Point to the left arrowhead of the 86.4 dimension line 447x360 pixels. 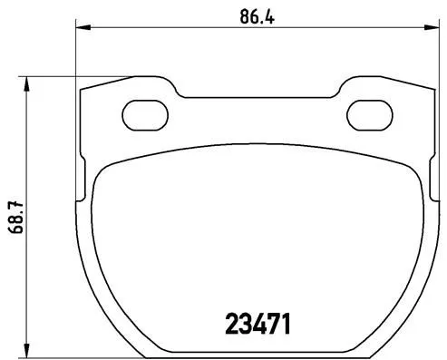point(81,29)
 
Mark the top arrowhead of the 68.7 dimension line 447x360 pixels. point(27,83)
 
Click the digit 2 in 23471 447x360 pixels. point(230,323)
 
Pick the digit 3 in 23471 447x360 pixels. point(244,323)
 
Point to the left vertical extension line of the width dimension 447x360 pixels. point(74,54)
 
